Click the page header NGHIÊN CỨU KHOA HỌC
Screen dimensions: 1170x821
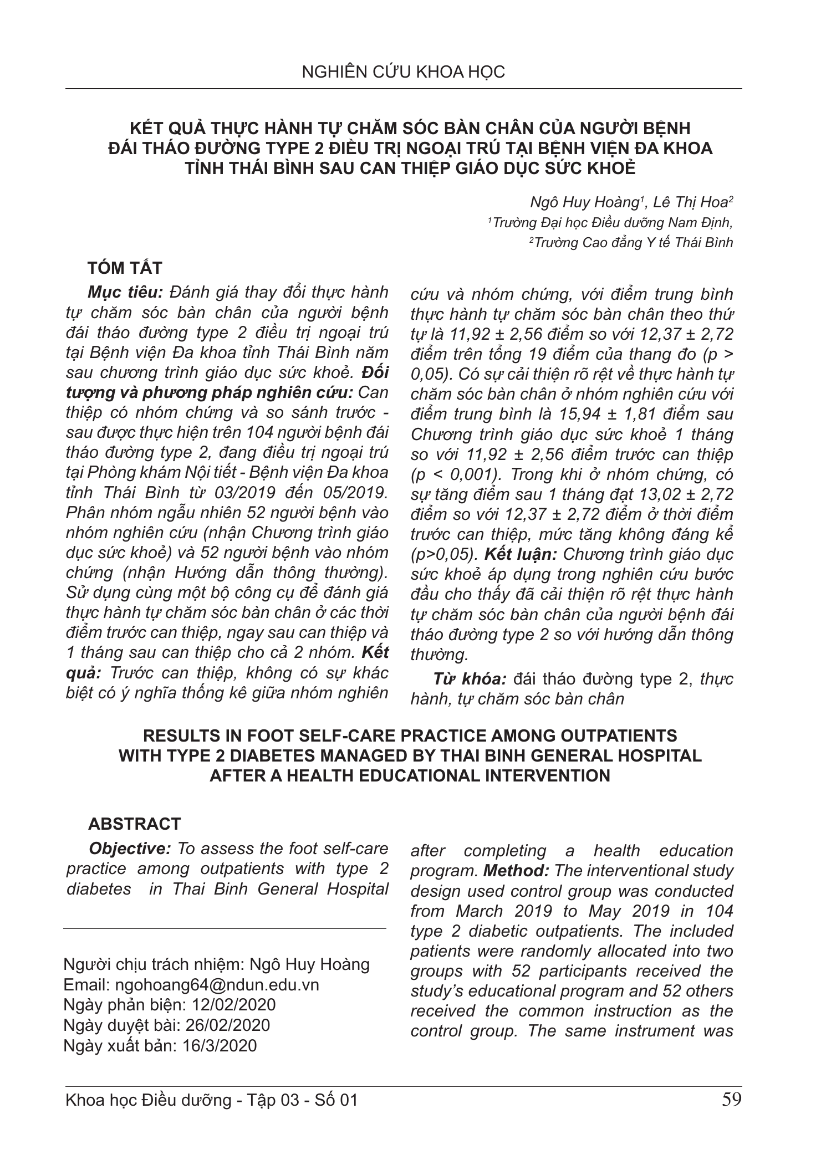[x=404, y=72]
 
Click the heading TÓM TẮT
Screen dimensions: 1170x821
[x=125, y=269]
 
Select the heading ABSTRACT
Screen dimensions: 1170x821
[x=134, y=824]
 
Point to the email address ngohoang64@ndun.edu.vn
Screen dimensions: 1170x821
[x=216, y=985]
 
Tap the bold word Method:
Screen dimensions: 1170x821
[x=516, y=871]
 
